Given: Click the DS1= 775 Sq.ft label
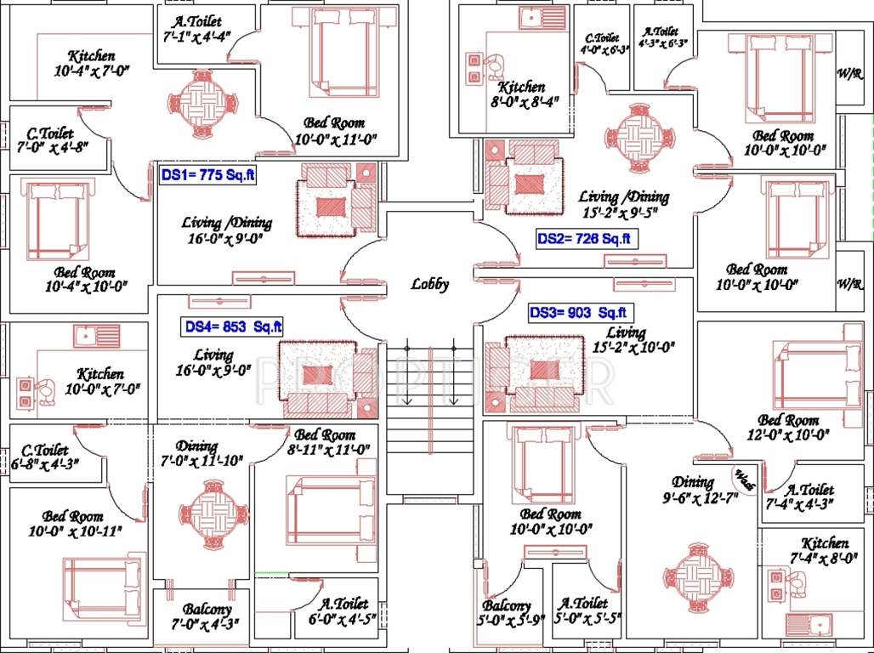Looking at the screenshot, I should click(x=207, y=176).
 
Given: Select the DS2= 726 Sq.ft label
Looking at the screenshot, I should click(x=586, y=239).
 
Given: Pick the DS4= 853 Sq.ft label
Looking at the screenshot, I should click(x=234, y=326).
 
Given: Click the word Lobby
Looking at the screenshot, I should click(x=429, y=285).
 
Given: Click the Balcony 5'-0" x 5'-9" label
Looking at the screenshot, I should click(x=509, y=611).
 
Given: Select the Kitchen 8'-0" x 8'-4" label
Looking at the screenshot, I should click(x=521, y=94).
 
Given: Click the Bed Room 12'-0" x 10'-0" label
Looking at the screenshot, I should click(x=788, y=428).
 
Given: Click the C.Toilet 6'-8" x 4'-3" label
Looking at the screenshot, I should click(x=50, y=456).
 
